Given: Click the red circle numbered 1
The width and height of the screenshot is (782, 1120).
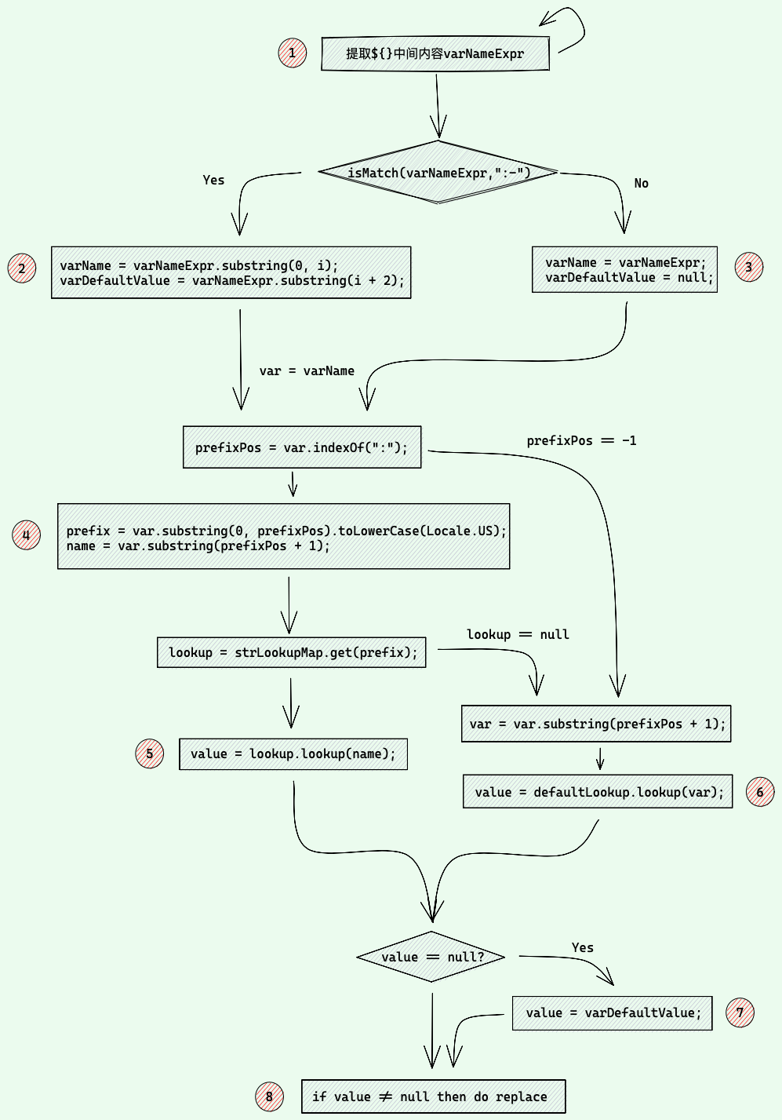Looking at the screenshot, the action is click(x=293, y=53).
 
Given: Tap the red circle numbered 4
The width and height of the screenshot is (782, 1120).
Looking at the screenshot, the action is click(x=26, y=535).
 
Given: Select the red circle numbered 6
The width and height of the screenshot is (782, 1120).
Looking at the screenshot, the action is click(x=760, y=791).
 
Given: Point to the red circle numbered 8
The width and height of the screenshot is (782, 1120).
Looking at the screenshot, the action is click(x=269, y=1096).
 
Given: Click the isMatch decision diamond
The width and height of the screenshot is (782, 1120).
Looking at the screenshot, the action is click(x=438, y=173).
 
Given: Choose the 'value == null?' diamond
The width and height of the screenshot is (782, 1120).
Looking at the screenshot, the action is click(x=431, y=957).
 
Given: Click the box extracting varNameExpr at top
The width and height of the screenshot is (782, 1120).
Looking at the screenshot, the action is click(x=435, y=53).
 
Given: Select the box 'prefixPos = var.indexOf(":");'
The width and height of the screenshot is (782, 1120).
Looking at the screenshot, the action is click(x=302, y=447).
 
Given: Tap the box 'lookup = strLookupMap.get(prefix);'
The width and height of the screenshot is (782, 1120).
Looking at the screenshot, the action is click(x=291, y=652).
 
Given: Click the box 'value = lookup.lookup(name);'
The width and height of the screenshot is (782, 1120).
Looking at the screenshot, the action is click(x=293, y=754).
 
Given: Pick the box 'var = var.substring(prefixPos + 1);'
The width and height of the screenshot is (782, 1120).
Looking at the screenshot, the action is click(x=596, y=724).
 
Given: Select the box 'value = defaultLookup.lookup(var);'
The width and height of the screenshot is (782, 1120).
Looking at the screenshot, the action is click(x=598, y=791).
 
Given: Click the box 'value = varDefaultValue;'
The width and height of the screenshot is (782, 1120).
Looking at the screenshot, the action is click(x=612, y=1013).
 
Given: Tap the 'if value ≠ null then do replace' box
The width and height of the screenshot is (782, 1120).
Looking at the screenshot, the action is click(x=434, y=1096).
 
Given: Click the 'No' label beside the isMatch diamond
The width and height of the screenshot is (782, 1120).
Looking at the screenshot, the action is click(x=641, y=184).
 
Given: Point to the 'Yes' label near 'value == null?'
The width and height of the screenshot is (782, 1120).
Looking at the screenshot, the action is click(x=583, y=947).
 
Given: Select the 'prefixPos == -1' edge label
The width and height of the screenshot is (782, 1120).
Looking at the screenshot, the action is click(x=582, y=440).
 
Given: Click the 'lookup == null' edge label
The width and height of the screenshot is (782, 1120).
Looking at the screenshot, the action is click(x=518, y=634).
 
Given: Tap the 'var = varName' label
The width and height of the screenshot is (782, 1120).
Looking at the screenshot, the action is click(x=307, y=371).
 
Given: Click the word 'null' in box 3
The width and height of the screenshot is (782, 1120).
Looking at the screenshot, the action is click(x=695, y=278).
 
